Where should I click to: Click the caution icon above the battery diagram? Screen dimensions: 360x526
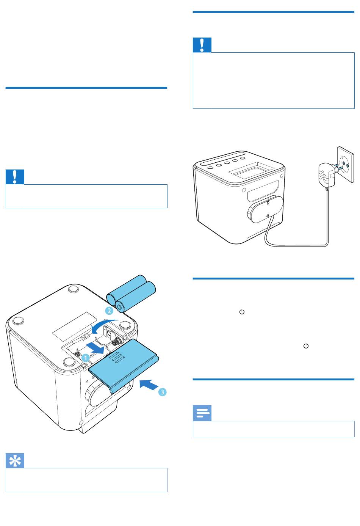pyautogui.click(x=15, y=177)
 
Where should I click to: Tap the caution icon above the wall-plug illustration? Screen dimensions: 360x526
pyautogui.click(x=202, y=45)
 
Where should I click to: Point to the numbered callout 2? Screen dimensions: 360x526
pyautogui.click(x=108, y=311)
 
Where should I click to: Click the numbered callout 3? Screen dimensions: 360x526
pyautogui.click(x=162, y=392)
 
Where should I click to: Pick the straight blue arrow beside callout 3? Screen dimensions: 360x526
pyautogui.click(x=147, y=385)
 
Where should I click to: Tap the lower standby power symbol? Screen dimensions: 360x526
pyautogui.click(x=306, y=346)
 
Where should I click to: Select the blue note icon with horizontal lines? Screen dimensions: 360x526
pyautogui.click(x=202, y=413)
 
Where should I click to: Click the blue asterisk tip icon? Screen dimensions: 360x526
pyautogui.click(x=15, y=460)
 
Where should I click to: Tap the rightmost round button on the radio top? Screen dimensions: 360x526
pyautogui.click(x=242, y=158)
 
